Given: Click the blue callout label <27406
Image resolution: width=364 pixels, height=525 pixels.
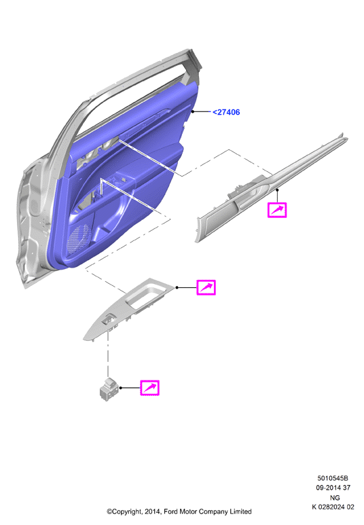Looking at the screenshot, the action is point(226,112).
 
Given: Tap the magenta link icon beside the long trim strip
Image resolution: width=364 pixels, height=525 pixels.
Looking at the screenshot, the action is point(277,211).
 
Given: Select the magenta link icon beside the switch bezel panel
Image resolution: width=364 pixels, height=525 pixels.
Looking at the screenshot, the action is point(206,287).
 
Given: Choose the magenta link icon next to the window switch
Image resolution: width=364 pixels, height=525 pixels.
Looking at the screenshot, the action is point(149,388).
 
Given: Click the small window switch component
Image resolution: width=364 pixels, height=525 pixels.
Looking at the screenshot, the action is point(109,389).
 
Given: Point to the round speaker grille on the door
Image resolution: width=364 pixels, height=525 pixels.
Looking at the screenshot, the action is point(78,239).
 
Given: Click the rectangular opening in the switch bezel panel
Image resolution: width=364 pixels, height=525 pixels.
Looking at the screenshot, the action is point(147,296).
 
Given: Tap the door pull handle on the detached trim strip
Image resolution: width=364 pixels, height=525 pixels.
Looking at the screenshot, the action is point(251,198).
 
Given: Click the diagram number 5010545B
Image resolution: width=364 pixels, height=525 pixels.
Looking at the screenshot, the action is point(333,478).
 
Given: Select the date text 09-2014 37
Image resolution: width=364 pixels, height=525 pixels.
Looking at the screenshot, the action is point(333,488).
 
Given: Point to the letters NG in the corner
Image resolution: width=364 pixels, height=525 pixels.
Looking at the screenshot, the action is point(335,498).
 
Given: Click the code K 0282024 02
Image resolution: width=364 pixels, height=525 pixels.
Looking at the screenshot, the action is point(333,507).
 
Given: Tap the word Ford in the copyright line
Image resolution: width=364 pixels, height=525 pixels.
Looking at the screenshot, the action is point(170,511).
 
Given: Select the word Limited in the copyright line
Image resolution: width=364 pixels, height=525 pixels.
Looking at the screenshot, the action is point(240,511).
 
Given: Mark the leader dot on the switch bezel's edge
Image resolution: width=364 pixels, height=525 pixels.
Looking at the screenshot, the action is point(177,287).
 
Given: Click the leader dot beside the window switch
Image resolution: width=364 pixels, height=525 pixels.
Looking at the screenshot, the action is point(121,388).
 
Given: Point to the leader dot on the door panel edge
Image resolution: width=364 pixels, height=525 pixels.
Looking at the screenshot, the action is point(193,111).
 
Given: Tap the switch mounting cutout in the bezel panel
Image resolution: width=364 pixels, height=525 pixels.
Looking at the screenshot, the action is point(109,321).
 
